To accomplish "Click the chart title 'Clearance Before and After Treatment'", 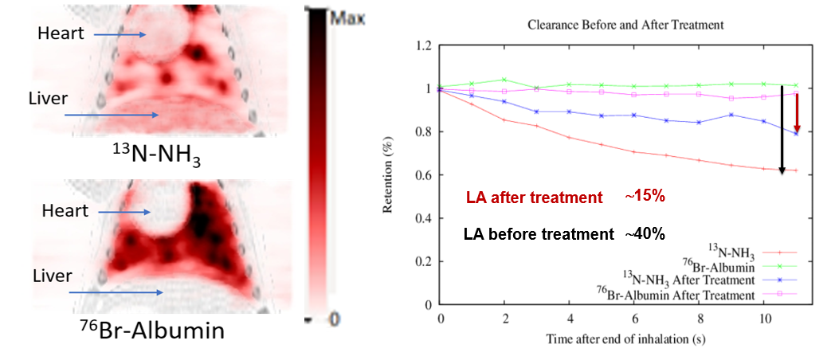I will pos(625,25).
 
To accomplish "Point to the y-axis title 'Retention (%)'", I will pos(390,175).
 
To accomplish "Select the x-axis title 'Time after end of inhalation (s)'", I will pos(625,338).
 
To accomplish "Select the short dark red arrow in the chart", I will pos(797,112).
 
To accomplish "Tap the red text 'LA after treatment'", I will pos(533,198).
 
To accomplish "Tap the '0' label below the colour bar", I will pos(335,318).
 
